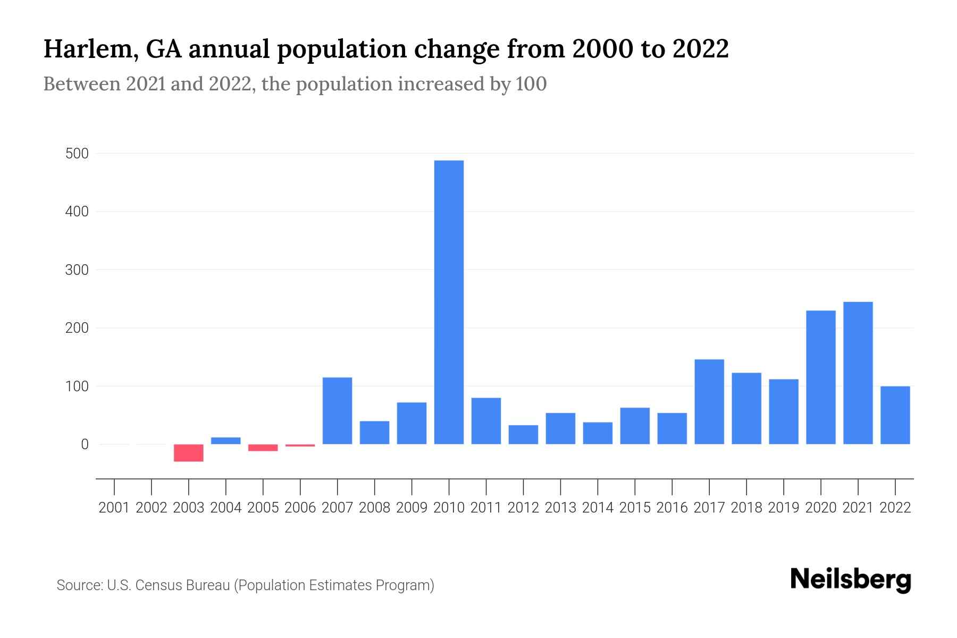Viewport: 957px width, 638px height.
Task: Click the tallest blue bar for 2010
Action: [449, 302]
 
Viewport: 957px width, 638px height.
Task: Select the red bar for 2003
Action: [188, 453]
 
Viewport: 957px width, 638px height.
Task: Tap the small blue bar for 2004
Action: [225, 441]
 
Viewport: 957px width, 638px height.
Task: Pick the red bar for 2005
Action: [263, 448]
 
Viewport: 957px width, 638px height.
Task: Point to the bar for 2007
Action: [337, 410]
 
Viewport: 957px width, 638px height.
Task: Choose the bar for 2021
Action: [858, 373]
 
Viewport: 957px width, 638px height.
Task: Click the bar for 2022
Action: [895, 415]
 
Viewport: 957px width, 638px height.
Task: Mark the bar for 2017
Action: [709, 401]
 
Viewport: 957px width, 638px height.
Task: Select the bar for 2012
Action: [523, 434]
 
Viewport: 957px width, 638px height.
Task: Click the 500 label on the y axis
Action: [77, 154]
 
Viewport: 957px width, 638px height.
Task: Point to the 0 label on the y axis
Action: [85, 444]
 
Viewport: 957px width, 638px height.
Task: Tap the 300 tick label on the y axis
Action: [77, 270]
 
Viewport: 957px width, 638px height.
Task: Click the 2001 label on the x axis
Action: [114, 508]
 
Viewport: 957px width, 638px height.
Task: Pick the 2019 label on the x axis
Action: [783, 508]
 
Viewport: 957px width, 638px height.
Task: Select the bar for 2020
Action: [820, 377]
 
